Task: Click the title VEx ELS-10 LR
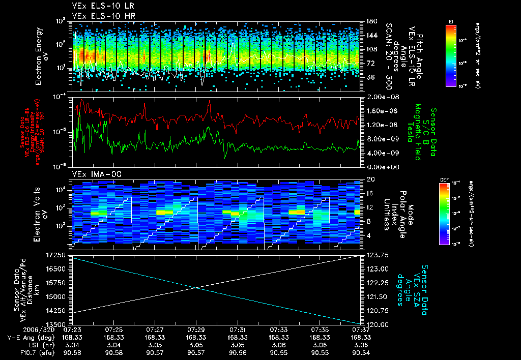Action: tap(99, 7)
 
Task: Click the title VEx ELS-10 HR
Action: tap(99, 16)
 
